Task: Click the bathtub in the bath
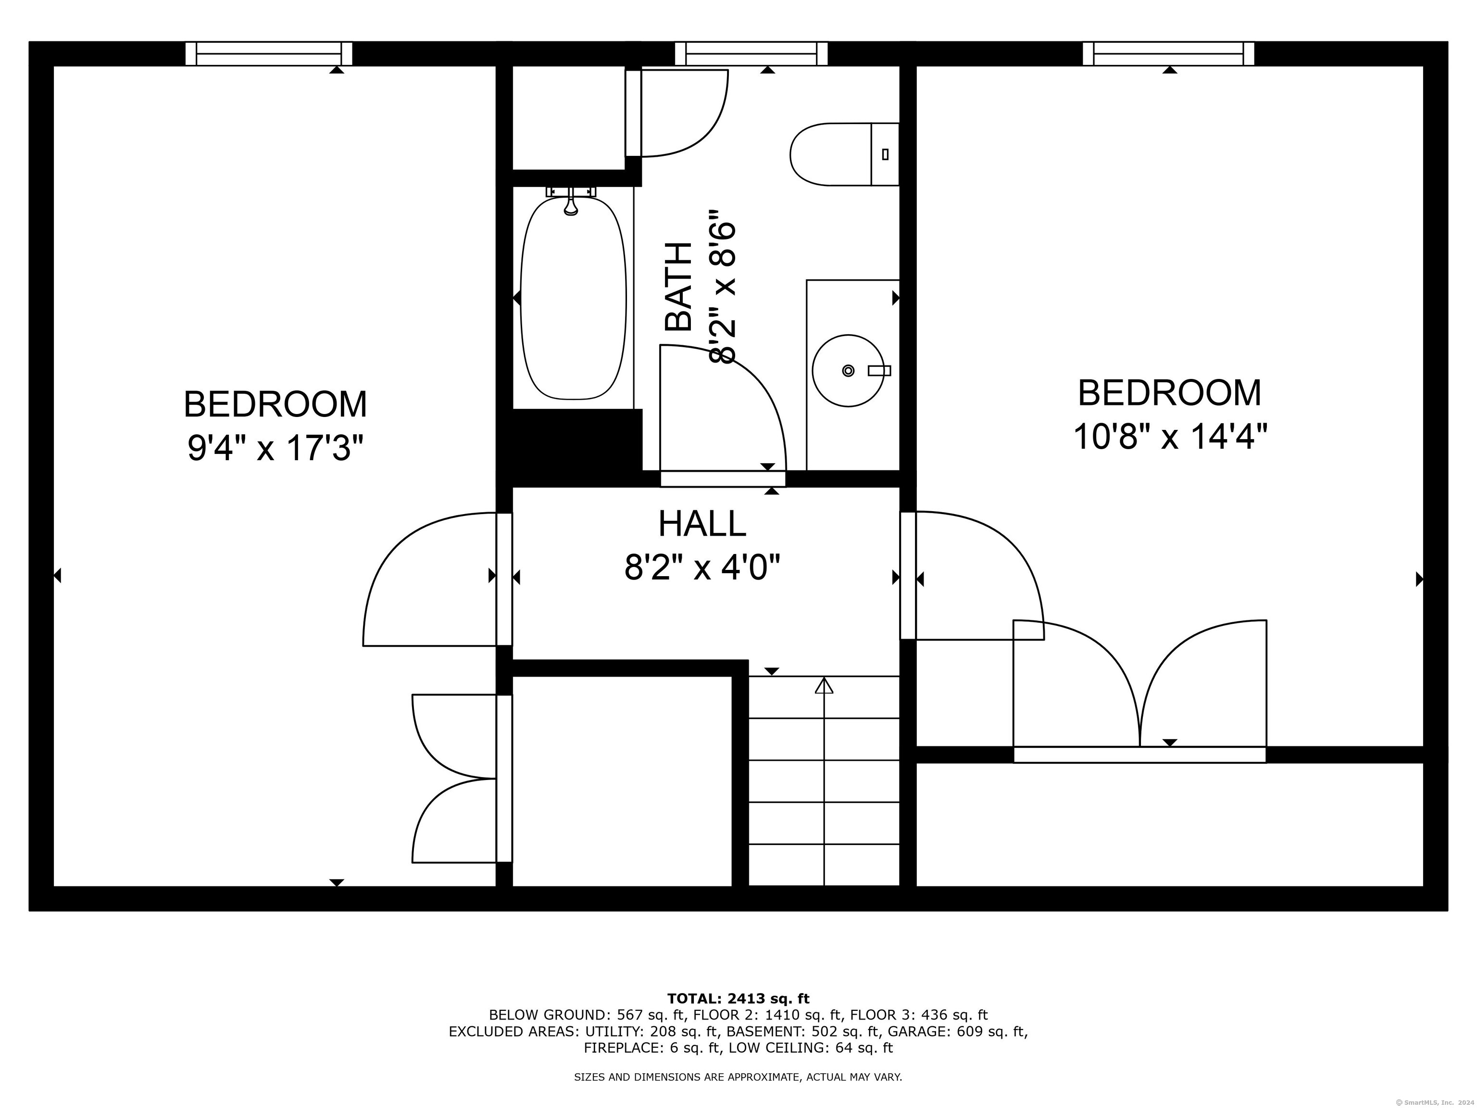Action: [573, 298]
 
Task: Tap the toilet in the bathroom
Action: [845, 154]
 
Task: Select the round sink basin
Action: [848, 371]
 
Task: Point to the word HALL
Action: [702, 524]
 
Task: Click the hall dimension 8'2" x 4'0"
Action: [702, 568]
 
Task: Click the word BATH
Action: [679, 287]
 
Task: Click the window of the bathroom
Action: [751, 53]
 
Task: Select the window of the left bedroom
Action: [268, 53]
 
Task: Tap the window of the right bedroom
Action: [1168, 53]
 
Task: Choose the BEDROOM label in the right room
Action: [1170, 393]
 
